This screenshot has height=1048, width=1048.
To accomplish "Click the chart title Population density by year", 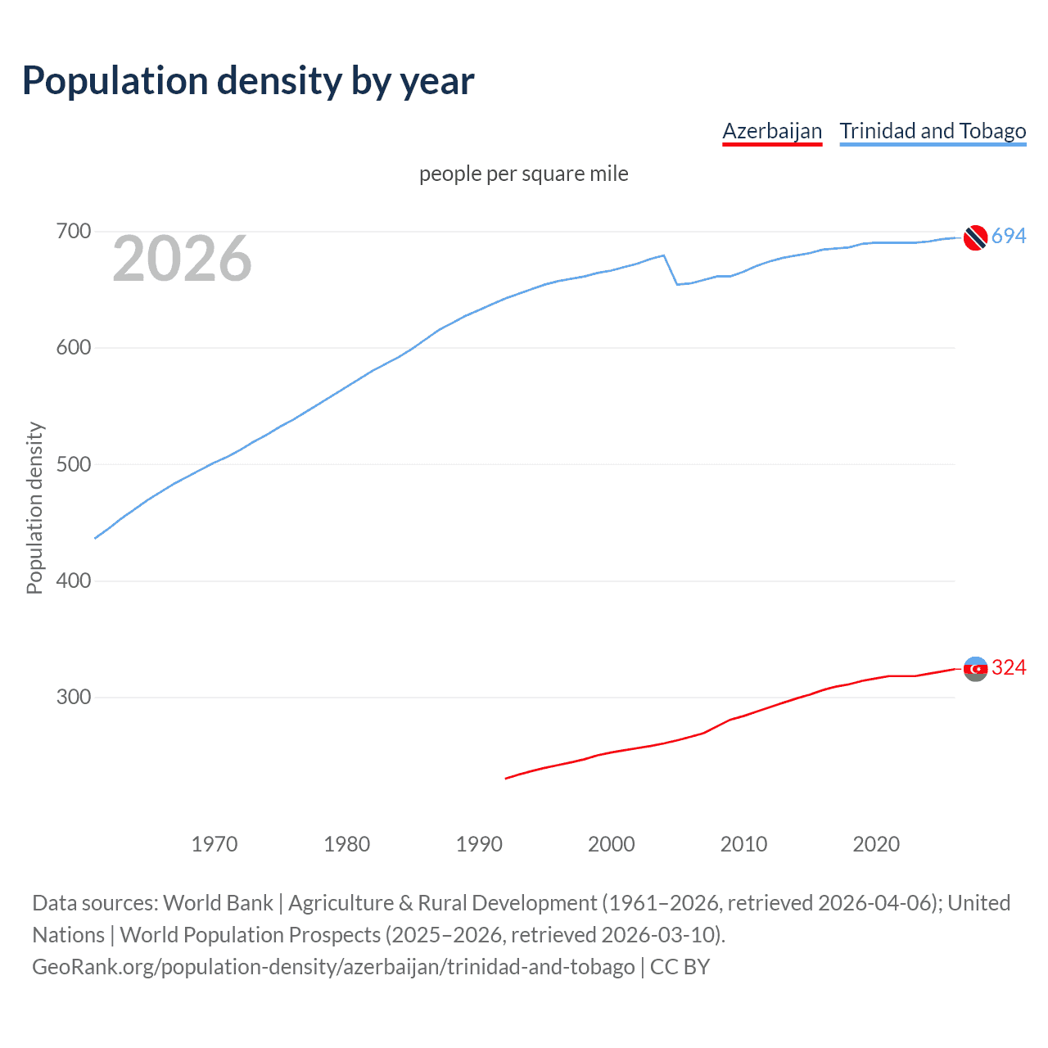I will pos(248,81).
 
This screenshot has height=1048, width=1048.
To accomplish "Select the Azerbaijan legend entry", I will pos(771,131).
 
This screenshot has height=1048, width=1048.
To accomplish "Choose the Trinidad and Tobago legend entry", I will pos(933,131).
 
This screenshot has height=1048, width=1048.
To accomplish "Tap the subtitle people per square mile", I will pos(523,174).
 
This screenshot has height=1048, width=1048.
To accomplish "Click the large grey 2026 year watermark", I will pos(182,260).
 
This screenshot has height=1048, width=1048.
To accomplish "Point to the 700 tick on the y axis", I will pos(73,232).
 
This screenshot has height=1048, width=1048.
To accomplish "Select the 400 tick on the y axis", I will pos(73,581).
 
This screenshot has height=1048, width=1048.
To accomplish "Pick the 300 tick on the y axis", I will pos(73,698).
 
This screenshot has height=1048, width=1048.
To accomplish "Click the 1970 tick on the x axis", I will pos(215,844).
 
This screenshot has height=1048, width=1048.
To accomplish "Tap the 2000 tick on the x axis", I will pos(611,844).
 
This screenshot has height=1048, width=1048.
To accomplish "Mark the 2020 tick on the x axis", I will pos(876,844).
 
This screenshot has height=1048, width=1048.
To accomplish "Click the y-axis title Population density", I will pos(34,508).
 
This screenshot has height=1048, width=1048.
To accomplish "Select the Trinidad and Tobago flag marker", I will pos(975,237).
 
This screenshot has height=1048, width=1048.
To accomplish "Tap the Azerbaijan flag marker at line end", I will pos(975,669).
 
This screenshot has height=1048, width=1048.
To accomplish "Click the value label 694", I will pos(1009,237).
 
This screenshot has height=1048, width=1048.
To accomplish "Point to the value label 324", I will pos(1009,668).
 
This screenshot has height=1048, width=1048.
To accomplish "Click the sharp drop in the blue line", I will pos(671,270).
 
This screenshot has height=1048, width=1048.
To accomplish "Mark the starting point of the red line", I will pos(506,778).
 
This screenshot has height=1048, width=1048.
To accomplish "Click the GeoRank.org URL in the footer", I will pos(333,967).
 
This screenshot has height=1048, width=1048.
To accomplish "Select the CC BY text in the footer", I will pos(680,967).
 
